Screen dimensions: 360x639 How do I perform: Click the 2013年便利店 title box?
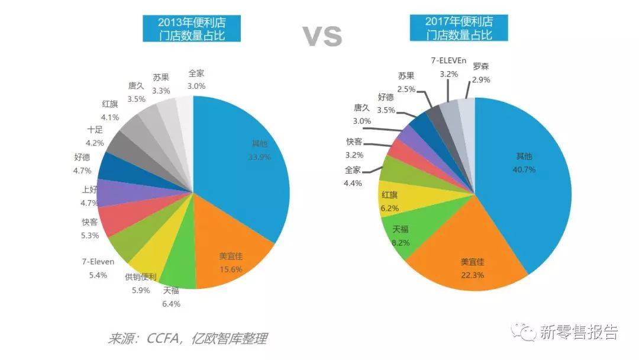[x=192, y=28]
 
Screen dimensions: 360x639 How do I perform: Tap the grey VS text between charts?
[x=322, y=36]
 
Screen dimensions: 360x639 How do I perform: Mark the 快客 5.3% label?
[x=89, y=228]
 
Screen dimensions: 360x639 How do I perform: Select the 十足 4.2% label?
[x=95, y=136]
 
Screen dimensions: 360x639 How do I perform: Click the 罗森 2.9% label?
[x=480, y=72]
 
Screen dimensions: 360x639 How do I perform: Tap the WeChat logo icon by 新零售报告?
[x=524, y=332]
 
